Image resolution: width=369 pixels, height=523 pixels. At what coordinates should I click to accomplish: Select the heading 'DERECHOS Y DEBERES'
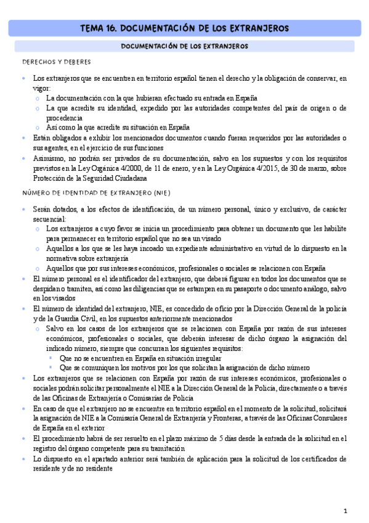pos(56,62)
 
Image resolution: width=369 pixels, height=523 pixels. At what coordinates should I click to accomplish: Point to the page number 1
pos(346,511)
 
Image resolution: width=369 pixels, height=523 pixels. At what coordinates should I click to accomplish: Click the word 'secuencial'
pos(51,219)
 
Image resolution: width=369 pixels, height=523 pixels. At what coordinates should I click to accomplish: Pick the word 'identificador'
pos(134,278)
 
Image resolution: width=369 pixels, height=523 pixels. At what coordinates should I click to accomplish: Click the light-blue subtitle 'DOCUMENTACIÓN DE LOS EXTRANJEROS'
pos(184,46)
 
